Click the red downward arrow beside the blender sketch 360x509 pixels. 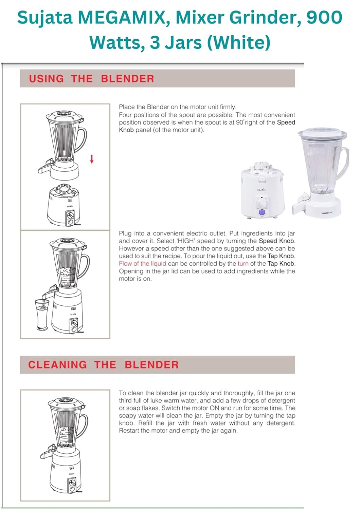92,158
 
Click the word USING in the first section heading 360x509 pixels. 47,79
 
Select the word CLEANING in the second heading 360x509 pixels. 57,365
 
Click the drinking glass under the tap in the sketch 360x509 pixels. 42,314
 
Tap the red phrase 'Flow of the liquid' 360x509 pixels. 142,264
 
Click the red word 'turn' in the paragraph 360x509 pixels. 243,264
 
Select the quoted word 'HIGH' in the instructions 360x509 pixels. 185,241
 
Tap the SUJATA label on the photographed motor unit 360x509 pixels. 262,190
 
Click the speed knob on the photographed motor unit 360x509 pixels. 262,203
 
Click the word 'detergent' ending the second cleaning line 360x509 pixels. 281,401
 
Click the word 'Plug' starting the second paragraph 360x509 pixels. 125,233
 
